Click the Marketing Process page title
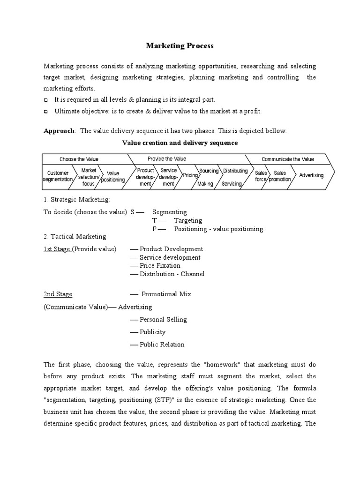click(180, 45)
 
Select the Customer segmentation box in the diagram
click(58, 176)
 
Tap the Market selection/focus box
click(88, 177)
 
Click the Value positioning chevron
click(113, 176)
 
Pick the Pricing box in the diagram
click(190, 175)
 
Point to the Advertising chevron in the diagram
click(311, 175)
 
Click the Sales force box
click(261, 176)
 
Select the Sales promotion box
click(280, 176)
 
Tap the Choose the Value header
click(79, 159)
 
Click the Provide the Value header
click(166, 159)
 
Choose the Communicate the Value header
click(287, 159)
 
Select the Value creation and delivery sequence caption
click(180, 142)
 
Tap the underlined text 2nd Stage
click(58, 294)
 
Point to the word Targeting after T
click(187, 220)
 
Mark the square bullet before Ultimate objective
click(46, 112)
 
